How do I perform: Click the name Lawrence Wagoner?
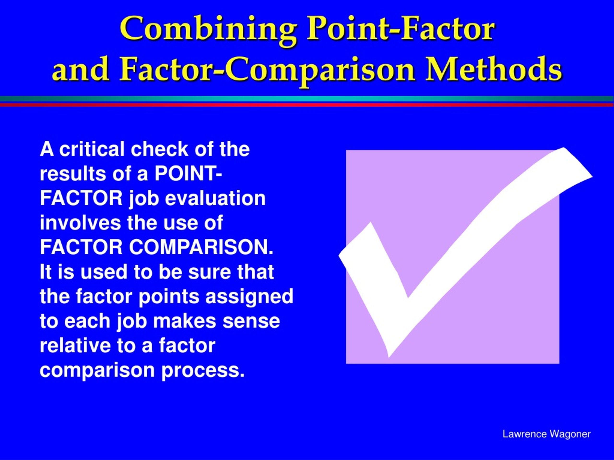click(x=546, y=434)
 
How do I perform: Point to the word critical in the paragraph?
click(x=92, y=149)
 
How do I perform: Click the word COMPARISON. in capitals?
click(x=201, y=247)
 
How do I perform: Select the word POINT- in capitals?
click(x=188, y=174)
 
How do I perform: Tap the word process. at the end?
click(x=203, y=370)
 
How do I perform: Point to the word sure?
click(x=205, y=272)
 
